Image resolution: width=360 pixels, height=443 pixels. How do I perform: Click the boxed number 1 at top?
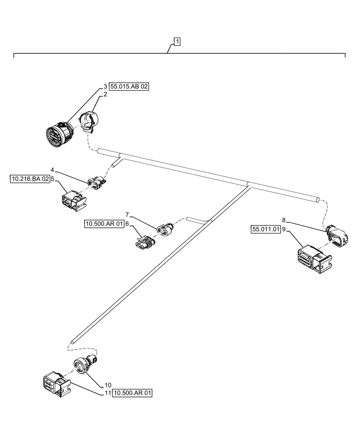(x=177, y=42)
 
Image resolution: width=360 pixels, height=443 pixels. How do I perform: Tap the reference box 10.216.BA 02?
(x=29, y=179)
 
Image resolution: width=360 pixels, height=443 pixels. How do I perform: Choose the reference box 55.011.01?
(x=266, y=229)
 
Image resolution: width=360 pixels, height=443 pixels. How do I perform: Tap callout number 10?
(x=108, y=385)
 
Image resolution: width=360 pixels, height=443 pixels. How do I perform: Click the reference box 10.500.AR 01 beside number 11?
(x=133, y=392)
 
